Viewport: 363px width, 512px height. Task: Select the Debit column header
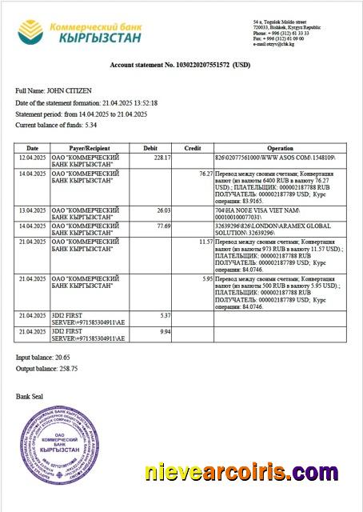151,148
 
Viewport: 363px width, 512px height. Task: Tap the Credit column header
193,148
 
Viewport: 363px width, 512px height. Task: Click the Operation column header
280,148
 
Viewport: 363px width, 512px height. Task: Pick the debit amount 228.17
162,158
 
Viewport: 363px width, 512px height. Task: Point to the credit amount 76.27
205,174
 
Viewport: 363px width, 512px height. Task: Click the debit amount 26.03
163,210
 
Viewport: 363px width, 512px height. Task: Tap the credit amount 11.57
205,242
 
